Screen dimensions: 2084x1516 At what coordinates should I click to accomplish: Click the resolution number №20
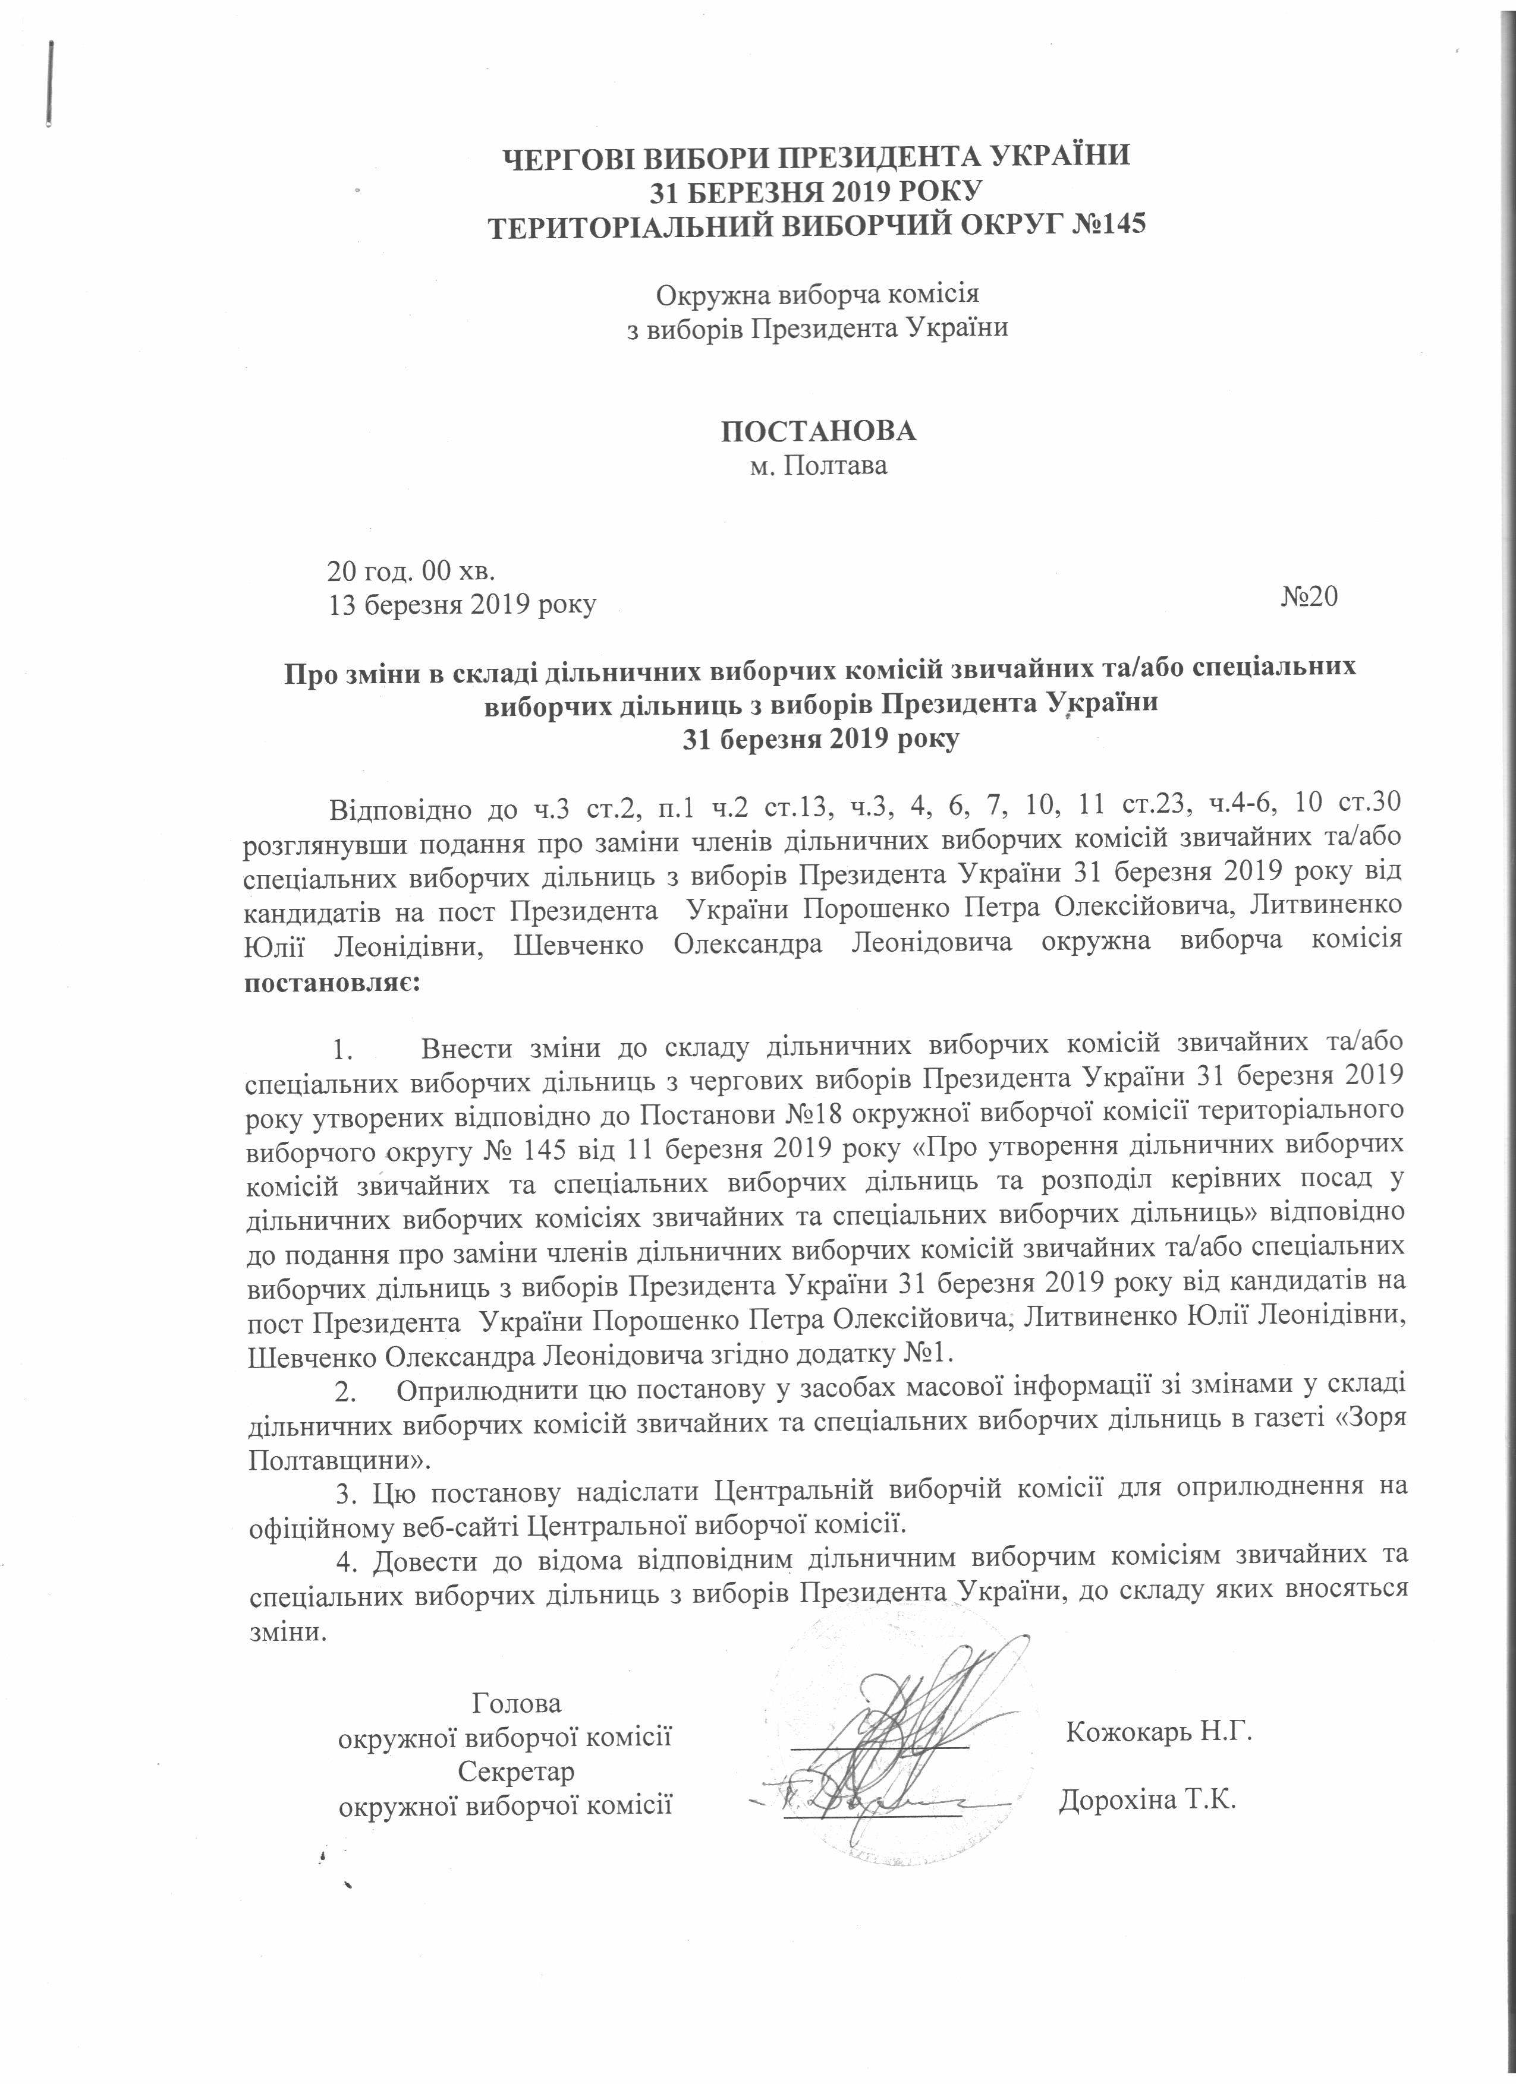(1309, 597)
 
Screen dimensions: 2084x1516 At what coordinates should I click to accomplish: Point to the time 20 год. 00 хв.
(411, 571)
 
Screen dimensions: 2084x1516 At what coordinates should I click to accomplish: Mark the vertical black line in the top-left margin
(47, 83)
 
